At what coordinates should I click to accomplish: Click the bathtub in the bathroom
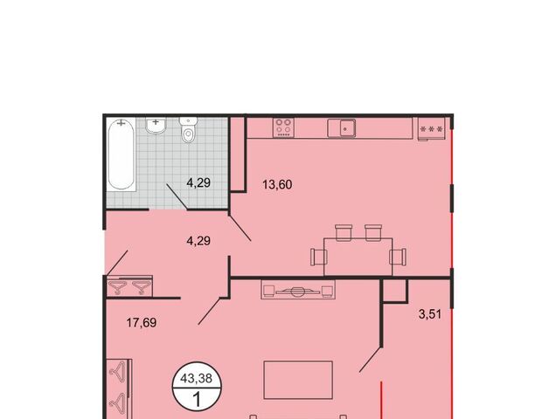click(122, 155)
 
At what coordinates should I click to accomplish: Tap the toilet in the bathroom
click(188, 130)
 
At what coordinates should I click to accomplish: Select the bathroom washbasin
click(156, 126)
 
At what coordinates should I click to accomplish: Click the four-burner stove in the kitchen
click(283, 127)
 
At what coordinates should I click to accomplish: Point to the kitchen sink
click(342, 128)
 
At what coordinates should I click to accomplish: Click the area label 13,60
click(277, 184)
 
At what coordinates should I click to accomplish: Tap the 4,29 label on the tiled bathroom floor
click(198, 182)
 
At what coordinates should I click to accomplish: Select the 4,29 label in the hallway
click(198, 241)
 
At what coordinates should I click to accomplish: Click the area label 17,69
click(142, 323)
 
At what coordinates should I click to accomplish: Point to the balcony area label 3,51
click(430, 314)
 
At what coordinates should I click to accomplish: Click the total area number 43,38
click(196, 378)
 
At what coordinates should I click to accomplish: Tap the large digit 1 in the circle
click(196, 399)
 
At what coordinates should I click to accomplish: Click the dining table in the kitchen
click(358, 257)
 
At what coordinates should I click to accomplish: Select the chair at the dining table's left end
click(319, 257)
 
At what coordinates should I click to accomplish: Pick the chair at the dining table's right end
click(398, 257)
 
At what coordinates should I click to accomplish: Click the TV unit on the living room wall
click(298, 289)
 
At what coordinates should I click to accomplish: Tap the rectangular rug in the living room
click(298, 380)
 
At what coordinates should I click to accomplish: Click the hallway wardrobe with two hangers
click(129, 285)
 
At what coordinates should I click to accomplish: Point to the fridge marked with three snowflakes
click(432, 129)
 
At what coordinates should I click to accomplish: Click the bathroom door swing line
click(177, 196)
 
